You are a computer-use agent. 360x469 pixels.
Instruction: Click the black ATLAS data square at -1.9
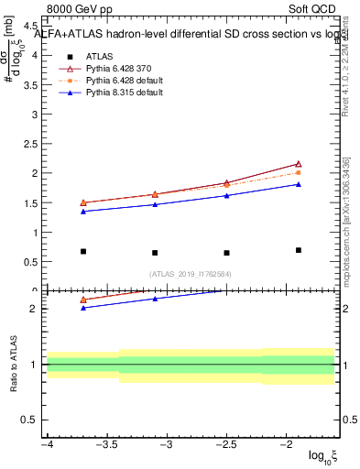(299, 250)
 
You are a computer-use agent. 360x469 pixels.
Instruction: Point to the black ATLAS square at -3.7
(83, 251)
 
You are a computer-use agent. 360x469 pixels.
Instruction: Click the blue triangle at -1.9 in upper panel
(299, 184)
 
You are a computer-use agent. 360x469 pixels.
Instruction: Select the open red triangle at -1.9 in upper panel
(299, 164)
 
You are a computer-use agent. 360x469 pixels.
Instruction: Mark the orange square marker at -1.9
(299, 172)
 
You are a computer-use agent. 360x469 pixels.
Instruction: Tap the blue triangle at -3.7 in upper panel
(83, 212)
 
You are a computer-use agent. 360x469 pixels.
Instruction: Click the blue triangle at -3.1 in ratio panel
(155, 299)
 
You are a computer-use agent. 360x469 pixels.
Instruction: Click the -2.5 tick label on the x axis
(225, 444)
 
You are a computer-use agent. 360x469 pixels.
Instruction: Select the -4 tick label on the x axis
(46, 444)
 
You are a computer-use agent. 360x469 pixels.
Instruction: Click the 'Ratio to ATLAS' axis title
(13, 364)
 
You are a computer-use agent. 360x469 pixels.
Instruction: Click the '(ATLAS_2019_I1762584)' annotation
(191, 273)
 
